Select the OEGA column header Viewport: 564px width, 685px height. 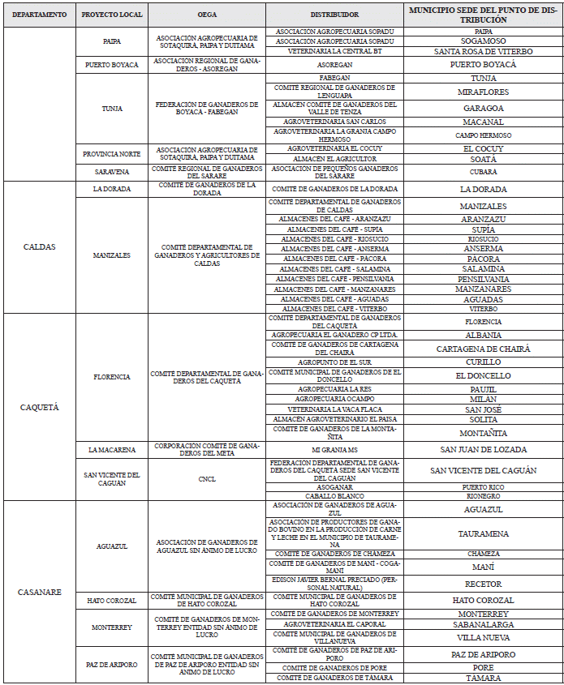coord(207,15)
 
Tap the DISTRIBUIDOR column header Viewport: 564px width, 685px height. coord(334,15)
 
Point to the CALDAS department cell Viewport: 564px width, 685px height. coord(40,246)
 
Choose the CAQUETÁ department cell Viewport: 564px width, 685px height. coord(40,406)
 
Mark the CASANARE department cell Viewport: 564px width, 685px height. coord(40,592)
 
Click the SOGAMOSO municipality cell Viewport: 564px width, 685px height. coord(483,41)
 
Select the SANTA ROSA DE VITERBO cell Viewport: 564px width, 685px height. coord(483,50)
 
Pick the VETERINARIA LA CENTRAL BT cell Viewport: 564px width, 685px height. coord(334,50)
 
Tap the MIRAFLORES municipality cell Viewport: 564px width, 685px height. coord(483,92)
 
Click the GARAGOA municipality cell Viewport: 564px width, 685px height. coord(483,107)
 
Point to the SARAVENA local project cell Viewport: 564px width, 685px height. coord(110,171)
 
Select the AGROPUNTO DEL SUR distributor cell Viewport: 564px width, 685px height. coord(334,362)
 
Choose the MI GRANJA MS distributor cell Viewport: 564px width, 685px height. coord(334,449)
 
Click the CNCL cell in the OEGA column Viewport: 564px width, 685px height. coord(207,478)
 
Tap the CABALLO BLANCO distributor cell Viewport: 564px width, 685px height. coord(334,495)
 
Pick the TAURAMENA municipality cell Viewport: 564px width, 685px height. coord(483,533)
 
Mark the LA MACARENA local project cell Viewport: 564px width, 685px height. coord(110,449)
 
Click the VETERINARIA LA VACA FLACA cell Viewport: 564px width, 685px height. coord(334,409)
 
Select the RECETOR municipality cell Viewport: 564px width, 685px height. coord(483,584)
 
